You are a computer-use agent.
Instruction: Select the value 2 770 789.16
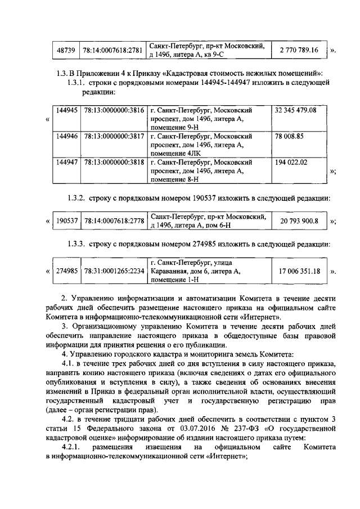(299, 51)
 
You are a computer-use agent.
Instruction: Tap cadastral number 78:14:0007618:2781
(112, 51)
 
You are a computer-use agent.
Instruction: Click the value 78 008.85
(289, 136)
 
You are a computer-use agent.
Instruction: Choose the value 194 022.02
(291, 162)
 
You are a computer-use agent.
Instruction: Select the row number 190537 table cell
(67, 221)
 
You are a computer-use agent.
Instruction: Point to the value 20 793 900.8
(299, 221)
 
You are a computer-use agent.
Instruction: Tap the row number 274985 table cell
(67, 271)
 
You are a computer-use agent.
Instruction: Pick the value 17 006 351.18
(299, 271)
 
